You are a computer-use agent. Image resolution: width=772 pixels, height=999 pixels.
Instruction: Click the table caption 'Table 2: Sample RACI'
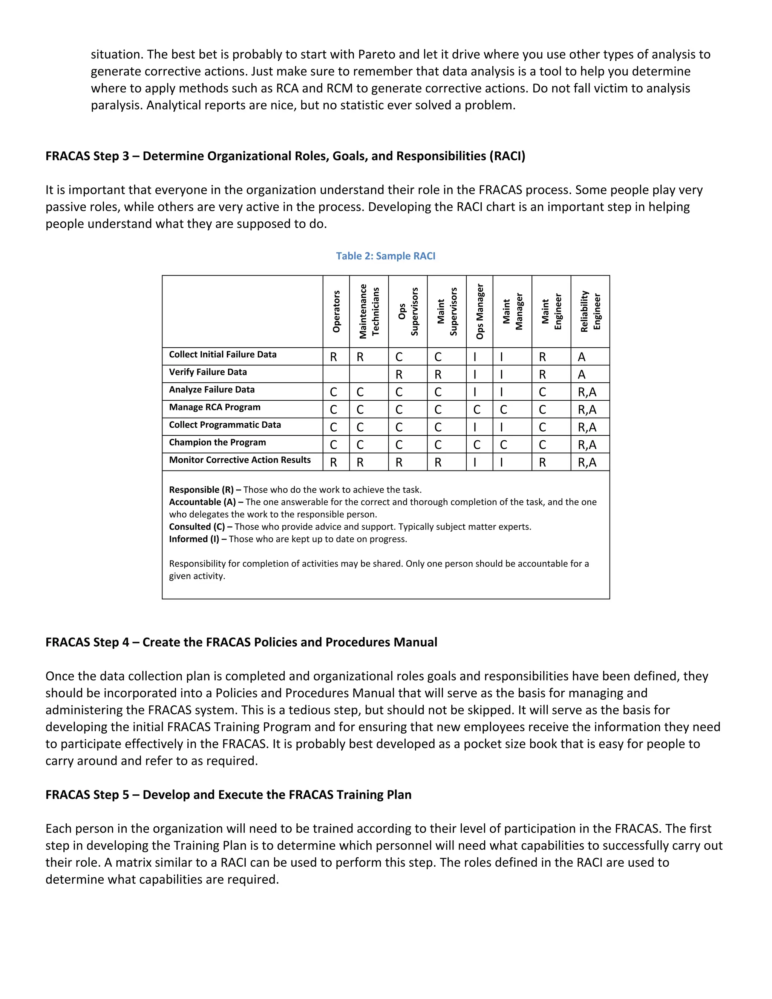(x=386, y=256)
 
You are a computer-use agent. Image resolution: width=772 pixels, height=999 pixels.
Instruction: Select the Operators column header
(x=336, y=311)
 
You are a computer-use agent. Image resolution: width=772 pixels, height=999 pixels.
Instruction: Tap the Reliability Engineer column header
(x=590, y=311)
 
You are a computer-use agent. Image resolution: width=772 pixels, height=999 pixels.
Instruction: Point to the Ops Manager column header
(x=479, y=311)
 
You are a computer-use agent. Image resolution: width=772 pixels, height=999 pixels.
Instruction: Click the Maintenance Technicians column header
(x=369, y=311)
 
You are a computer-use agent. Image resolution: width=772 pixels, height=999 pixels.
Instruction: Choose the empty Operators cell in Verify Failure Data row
(x=336, y=374)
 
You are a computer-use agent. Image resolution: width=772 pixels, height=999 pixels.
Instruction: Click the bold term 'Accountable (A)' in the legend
(x=202, y=502)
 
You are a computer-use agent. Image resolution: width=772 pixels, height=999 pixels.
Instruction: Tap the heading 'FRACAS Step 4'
(x=87, y=643)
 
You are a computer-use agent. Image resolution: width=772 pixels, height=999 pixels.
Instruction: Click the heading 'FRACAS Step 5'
(x=87, y=795)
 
